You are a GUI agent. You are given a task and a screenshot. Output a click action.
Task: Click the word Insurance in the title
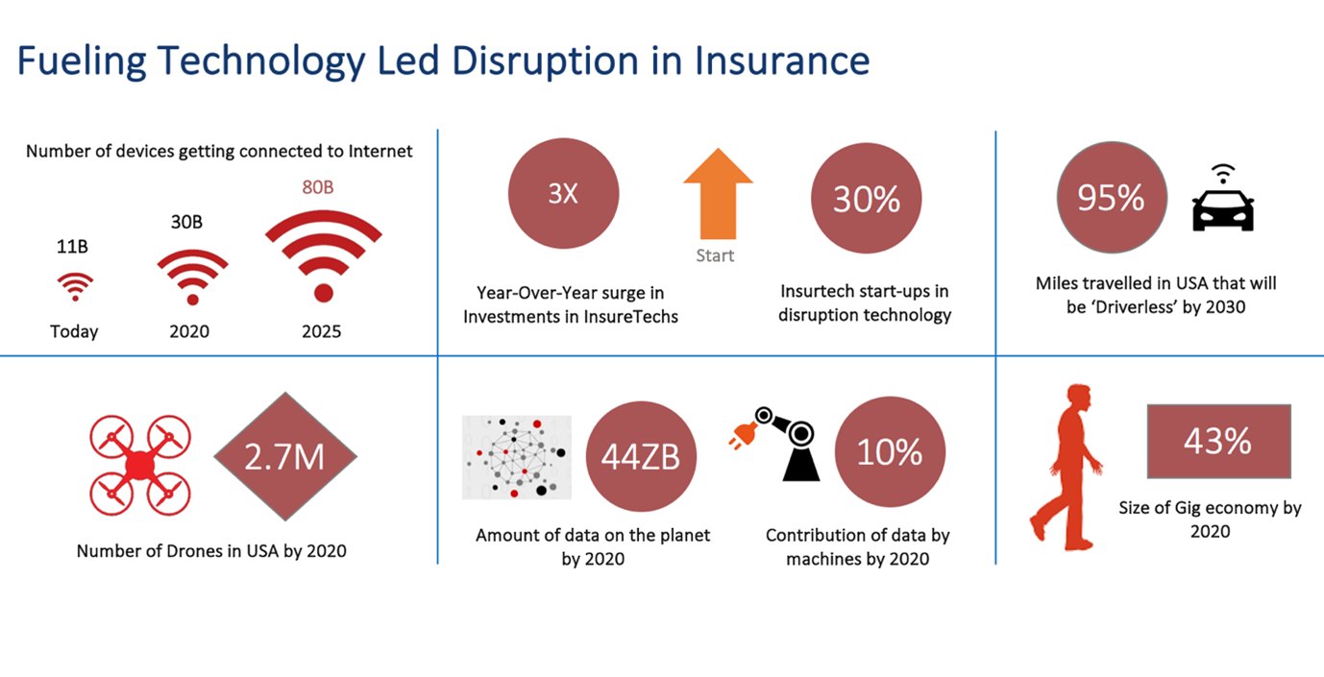click(x=781, y=60)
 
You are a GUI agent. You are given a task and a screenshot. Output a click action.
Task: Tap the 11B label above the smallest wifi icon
click(x=72, y=247)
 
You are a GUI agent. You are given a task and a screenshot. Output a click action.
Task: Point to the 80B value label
click(x=318, y=187)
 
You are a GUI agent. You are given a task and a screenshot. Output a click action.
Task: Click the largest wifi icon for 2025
click(x=324, y=255)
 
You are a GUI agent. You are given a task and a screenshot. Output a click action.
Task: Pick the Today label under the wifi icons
click(x=74, y=331)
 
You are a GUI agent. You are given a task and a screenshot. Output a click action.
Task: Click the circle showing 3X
click(x=563, y=194)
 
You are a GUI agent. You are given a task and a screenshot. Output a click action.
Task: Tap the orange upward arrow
click(x=718, y=194)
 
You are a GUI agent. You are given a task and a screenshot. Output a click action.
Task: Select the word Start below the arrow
click(x=715, y=255)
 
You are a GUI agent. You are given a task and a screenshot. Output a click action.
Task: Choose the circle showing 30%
click(x=866, y=198)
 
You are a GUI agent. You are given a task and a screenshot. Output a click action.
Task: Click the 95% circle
click(x=1112, y=197)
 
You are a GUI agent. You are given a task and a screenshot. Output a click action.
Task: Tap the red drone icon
click(x=140, y=465)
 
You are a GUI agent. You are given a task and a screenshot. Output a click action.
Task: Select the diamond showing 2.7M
click(x=285, y=456)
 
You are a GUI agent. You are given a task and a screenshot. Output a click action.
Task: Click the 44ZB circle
click(x=641, y=457)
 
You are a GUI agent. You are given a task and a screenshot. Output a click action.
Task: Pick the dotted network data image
click(x=517, y=457)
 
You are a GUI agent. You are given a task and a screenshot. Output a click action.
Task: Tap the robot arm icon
click(x=774, y=444)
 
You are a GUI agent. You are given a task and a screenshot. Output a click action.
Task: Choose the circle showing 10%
click(x=890, y=452)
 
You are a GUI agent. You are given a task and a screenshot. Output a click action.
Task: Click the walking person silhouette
click(x=1067, y=468)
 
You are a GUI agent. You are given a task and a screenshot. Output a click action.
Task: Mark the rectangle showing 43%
click(x=1218, y=442)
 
